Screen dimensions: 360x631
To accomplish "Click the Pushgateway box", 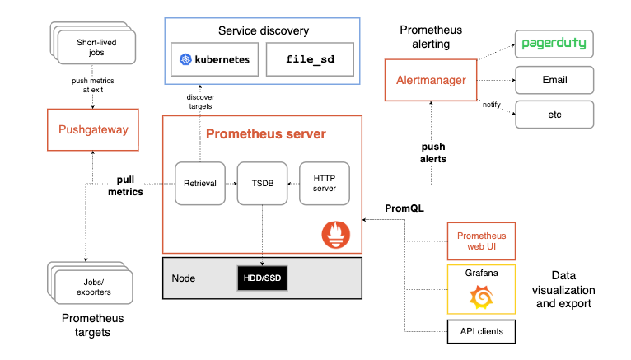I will tap(91, 129).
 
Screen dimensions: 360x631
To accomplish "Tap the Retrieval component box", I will tap(199, 183).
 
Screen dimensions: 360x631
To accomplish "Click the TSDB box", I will tap(262, 183).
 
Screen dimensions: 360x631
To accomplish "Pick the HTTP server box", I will tap(324, 183).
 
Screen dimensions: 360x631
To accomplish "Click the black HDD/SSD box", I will tap(262, 278).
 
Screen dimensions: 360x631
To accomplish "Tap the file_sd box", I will tap(310, 60).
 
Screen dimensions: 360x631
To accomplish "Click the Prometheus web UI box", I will tap(480, 241).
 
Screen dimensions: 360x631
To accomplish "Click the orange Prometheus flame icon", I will tap(335, 236).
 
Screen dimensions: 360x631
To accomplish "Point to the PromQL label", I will tap(404, 208).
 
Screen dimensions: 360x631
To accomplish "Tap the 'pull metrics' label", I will tap(125, 185).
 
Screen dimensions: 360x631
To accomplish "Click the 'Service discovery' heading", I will tap(264, 31).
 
